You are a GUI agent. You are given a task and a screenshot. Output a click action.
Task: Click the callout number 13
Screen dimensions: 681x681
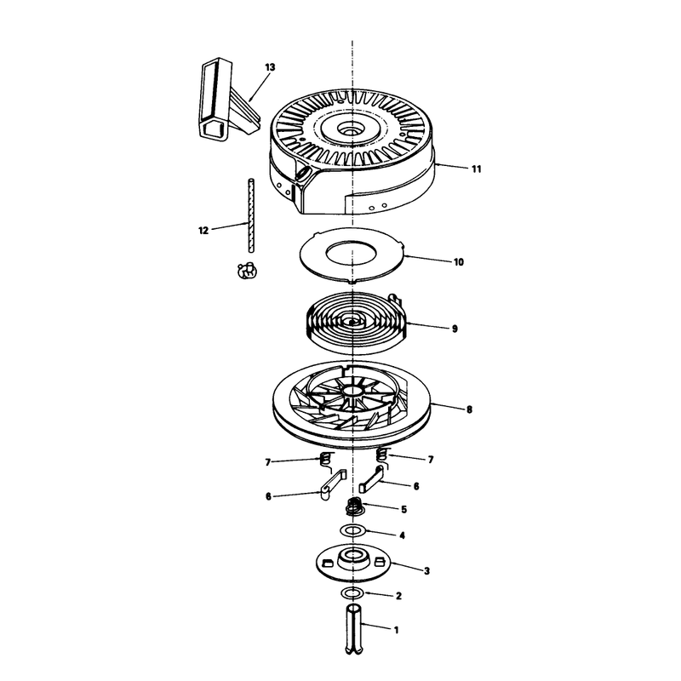click(270, 67)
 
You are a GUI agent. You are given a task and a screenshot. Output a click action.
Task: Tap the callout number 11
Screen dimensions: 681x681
click(477, 169)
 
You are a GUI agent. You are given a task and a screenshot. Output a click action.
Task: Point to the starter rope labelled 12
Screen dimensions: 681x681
click(251, 215)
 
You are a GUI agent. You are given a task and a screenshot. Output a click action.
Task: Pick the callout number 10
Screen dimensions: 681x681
click(459, 262)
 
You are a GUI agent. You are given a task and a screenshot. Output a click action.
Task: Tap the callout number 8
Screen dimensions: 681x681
click(469, 409)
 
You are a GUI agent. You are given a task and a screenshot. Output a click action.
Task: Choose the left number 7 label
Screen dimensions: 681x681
click(268, 462)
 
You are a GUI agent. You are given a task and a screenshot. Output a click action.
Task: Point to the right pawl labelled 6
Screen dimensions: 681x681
click(372, 478)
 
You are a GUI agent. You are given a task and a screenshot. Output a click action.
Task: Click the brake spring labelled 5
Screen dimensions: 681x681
click(354, 506)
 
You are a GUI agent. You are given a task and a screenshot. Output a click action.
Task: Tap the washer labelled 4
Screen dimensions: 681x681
click(353, 530)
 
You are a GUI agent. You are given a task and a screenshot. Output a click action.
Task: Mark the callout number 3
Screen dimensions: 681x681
click(426, 570)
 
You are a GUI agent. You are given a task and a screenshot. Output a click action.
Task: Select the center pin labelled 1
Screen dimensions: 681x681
click(353, 628)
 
